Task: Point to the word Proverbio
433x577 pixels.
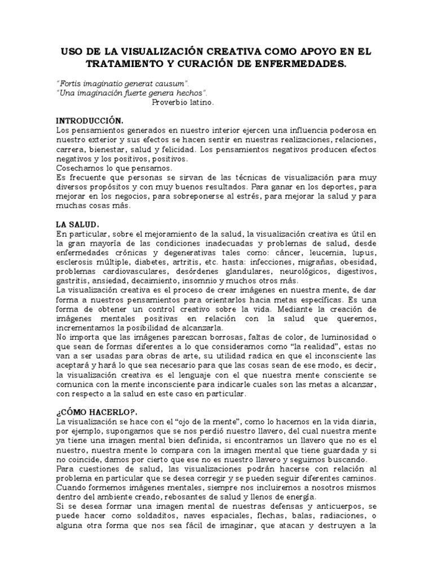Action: (170, 102)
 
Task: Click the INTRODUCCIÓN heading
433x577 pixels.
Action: (89, 121)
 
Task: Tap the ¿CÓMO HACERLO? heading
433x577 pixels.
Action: (93, 411)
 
